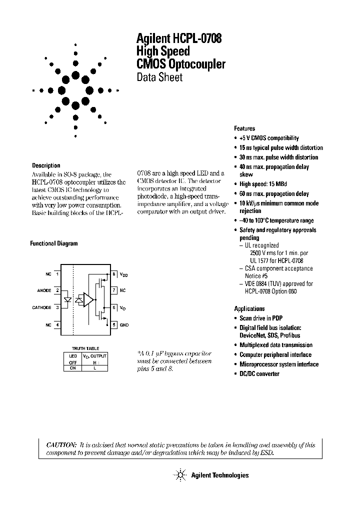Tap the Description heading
click(x=46, y=165)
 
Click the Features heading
click(x=244, y=128)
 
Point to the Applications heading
click(x=249, y=308)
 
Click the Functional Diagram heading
click(x=54, y=243)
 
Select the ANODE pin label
click(x=44, y=290)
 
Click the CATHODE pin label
click(x=42, y=307)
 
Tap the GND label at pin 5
click(x=124, y=325)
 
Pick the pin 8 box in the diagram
click(x=114, y=273)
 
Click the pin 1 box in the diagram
click(x=57, y=273)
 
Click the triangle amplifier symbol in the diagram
click(x=88, y=299)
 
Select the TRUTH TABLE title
click(x=86, y=348)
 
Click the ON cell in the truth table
click(x=72, y=368)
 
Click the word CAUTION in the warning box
click(x=61, y=444)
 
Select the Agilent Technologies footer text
click(x=219, y=475)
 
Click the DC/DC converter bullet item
click(x=259, y=374)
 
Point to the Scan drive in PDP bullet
click(x=260, y=318)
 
